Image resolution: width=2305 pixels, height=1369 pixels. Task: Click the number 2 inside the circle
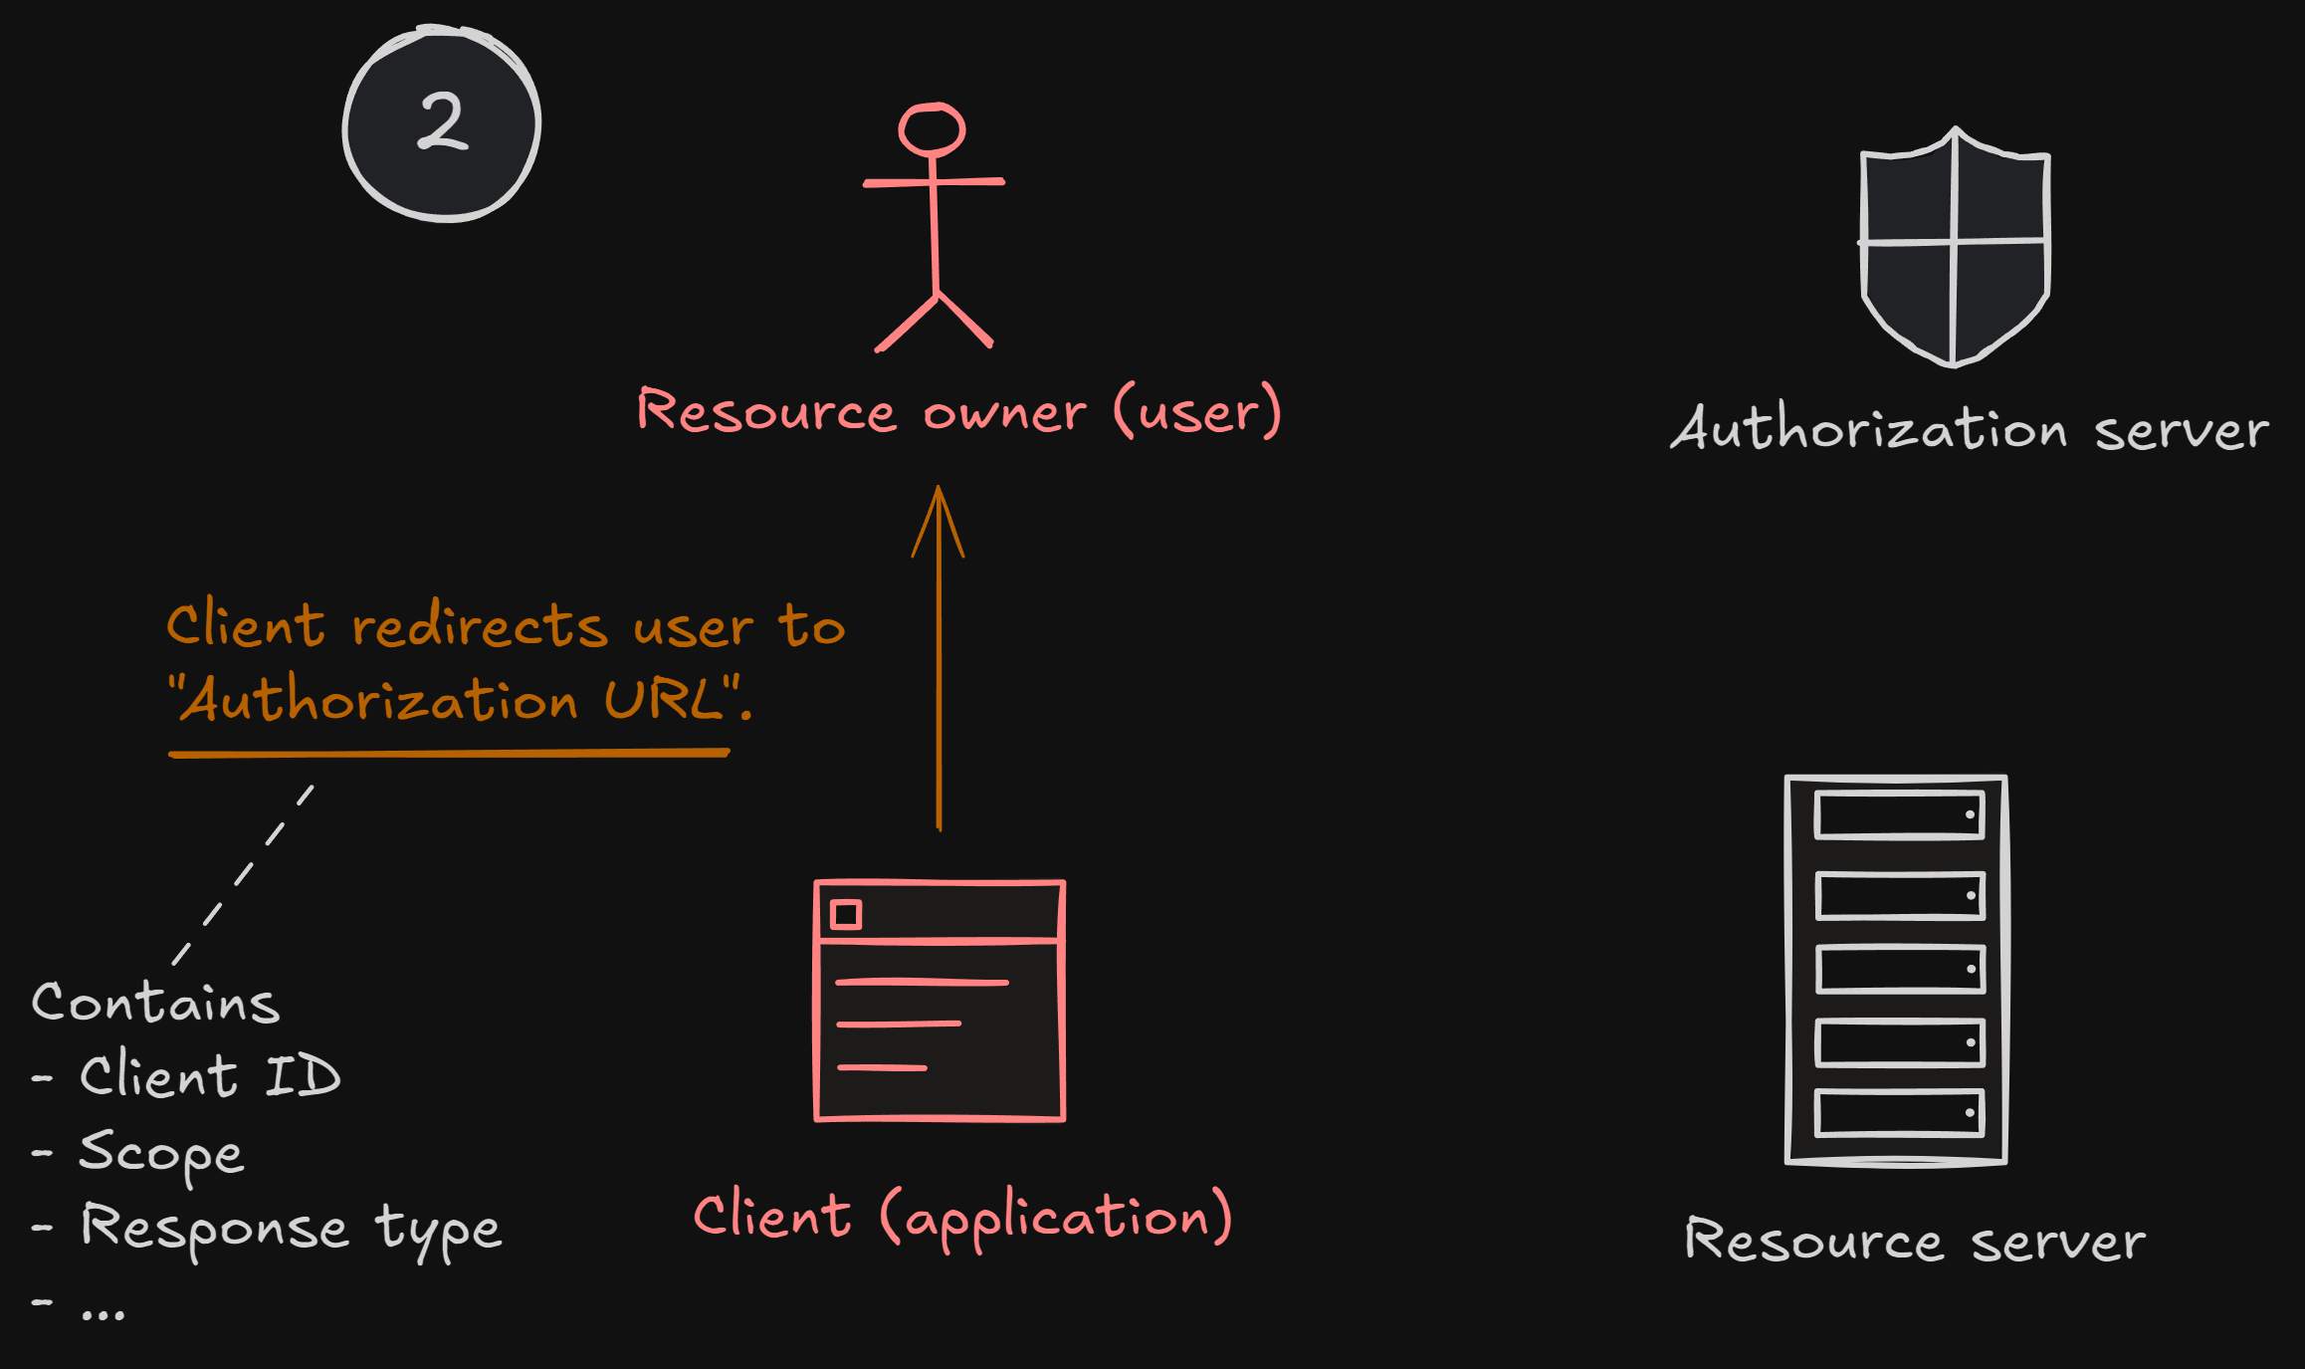pos(442,121)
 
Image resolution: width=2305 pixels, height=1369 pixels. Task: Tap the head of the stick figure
pos(932,129)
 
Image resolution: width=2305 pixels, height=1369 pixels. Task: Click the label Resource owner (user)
pos(958,411)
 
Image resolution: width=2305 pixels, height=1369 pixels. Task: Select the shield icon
pos(1954,247)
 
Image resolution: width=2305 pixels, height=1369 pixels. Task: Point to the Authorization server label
pos(1969,430)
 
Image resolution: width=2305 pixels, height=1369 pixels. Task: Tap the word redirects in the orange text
pos(479,627)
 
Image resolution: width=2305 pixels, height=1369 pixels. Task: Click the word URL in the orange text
pos(664,699)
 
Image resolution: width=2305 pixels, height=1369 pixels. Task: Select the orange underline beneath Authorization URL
pos(448,754)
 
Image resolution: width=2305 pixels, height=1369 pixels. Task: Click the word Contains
pos(155,1002)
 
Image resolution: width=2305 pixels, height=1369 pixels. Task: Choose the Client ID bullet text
pos(210,1076)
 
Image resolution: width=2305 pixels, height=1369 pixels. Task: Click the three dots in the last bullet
pos(104,1314)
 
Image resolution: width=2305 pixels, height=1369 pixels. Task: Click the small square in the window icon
pos(846,914)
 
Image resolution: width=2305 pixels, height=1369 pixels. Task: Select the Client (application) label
pos(962,1217)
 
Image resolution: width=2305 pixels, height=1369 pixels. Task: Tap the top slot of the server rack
pos(1899,815)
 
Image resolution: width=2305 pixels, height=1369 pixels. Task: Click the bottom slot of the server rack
pos(1899,1113)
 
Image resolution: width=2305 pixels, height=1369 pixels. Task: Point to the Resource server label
pos(1914,1242)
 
